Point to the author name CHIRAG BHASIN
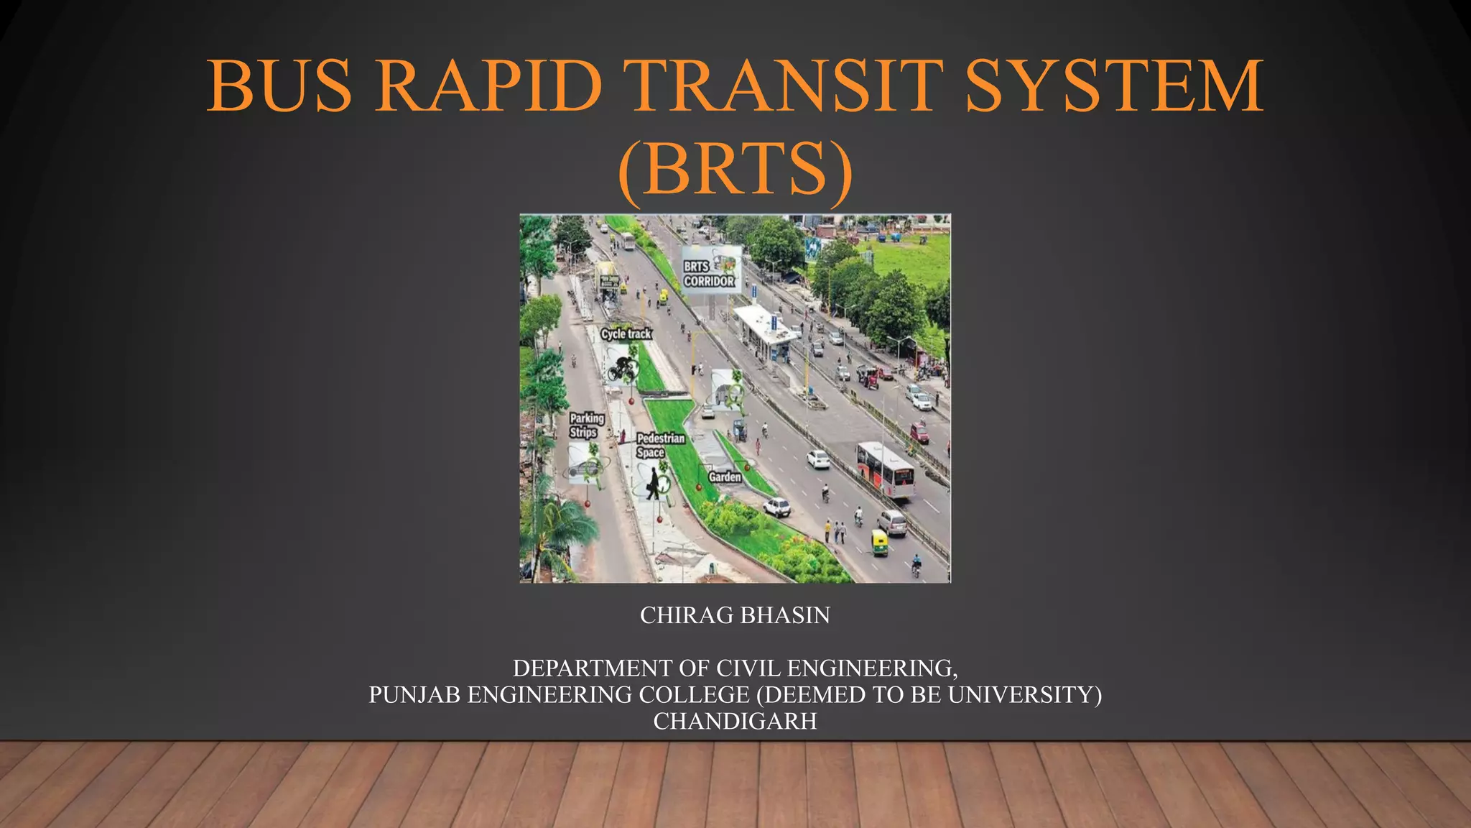[x=735, y=615]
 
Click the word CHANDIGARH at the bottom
[x=735, y=721]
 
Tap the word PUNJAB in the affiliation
[x=415, y=695]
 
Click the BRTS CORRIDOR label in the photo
[x=708, y=274]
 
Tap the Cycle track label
[x=626, y=333]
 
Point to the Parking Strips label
[x=587, y=425]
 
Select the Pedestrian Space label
[x=660, y=445]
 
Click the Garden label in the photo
[x=725, y=477]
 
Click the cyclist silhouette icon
[x=622, y=367]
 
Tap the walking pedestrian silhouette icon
[x=653, y=482]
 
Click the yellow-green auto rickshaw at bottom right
[x=880, y=542]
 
